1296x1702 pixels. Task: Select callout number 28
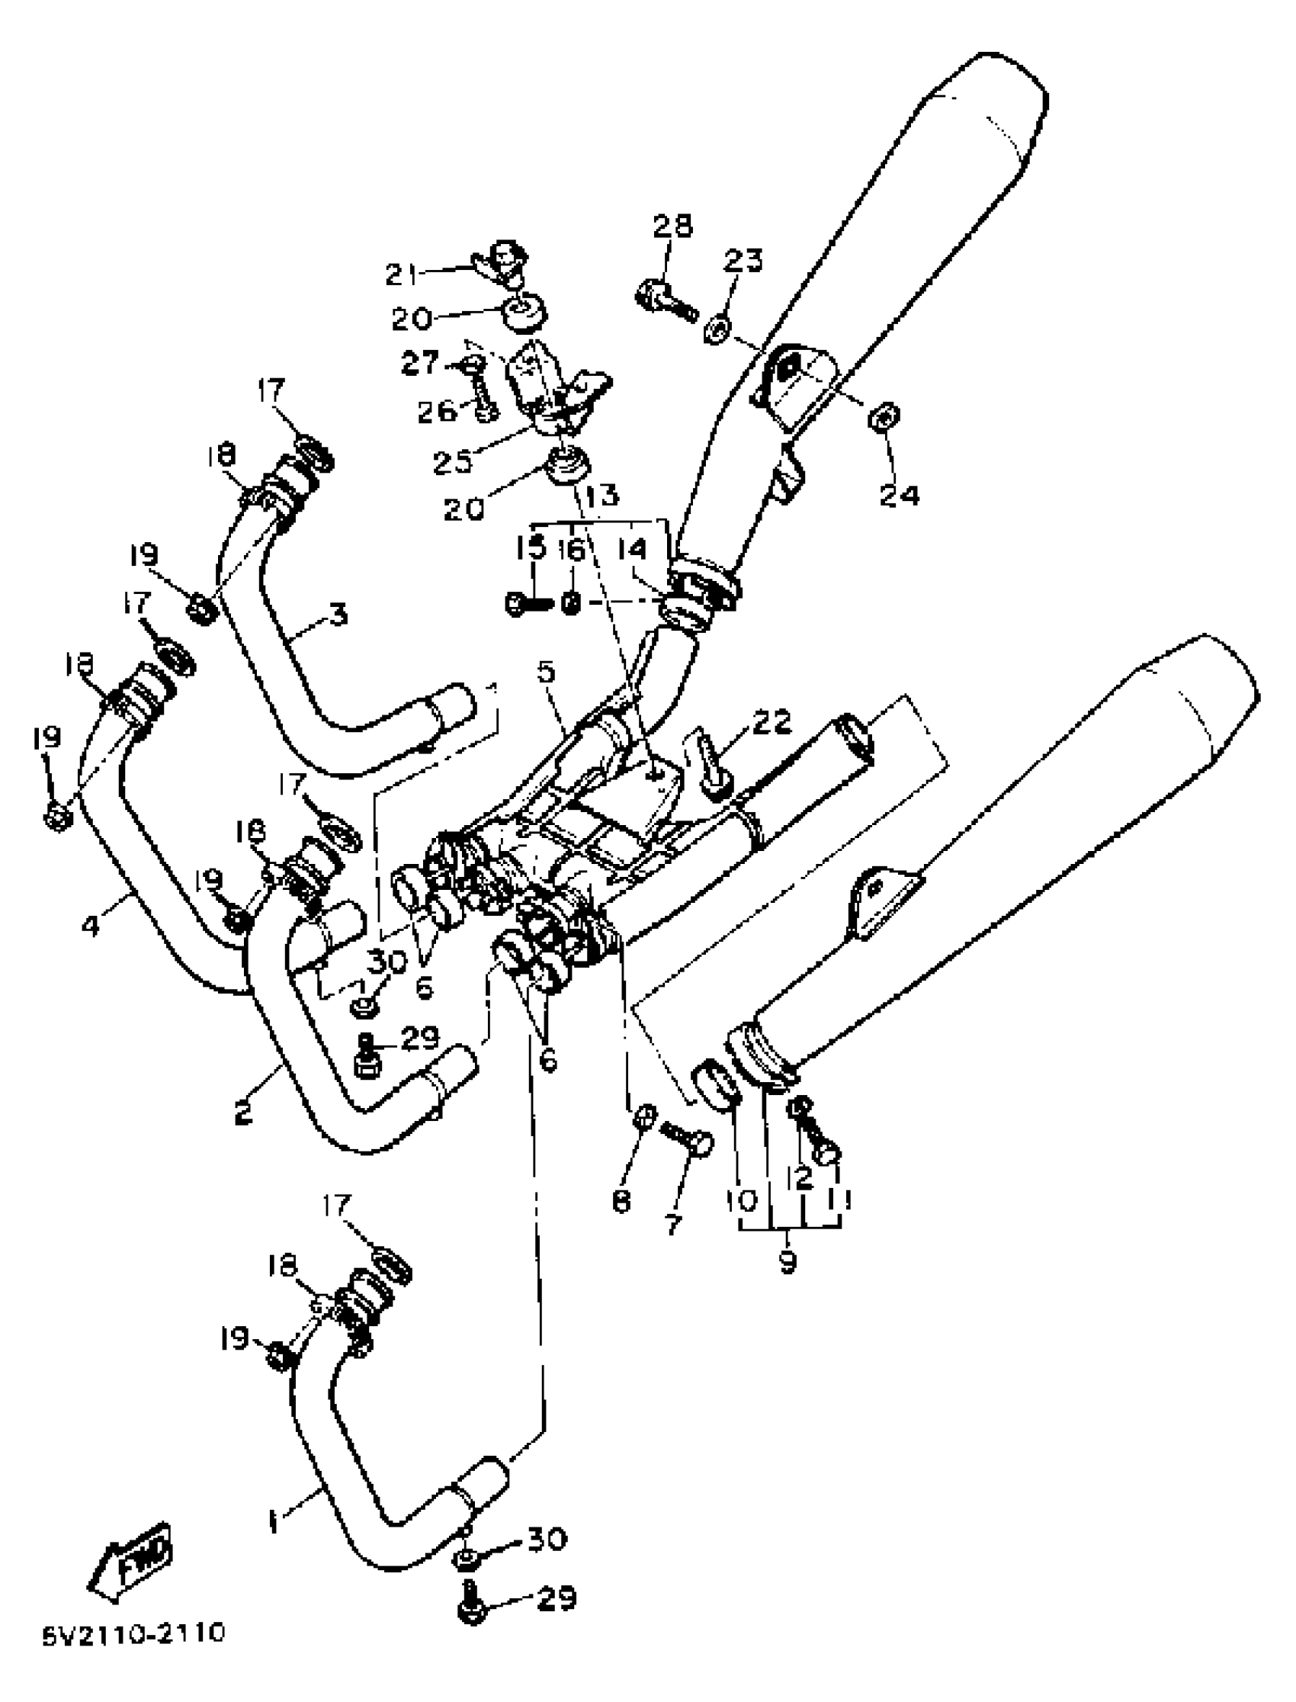pos(672,226)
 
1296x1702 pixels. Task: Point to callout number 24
pos(900,495)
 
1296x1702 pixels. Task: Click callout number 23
pos(742,261)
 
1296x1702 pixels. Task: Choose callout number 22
pos(772,722)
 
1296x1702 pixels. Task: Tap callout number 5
pos(545,672)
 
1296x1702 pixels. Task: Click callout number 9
pos(787,1262)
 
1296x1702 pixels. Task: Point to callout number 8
pos(622,1200)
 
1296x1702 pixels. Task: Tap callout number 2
pos(243,1113)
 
